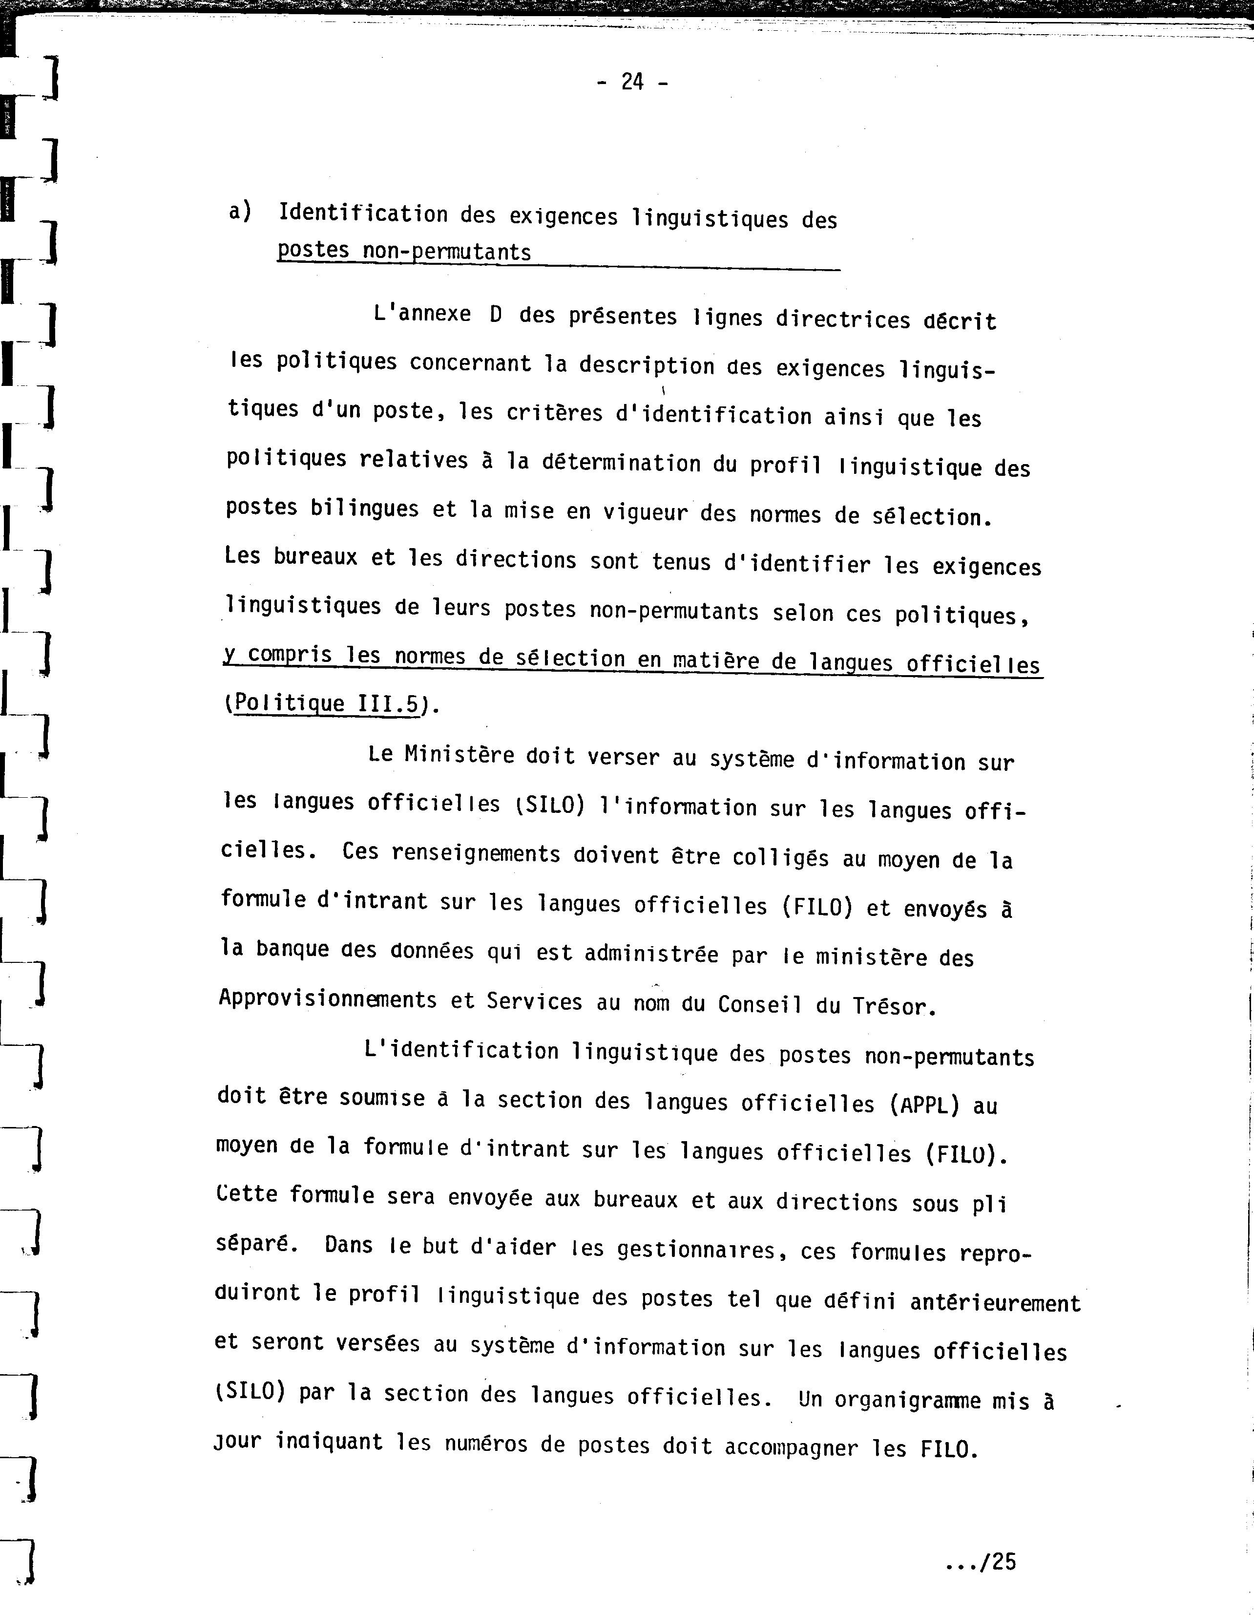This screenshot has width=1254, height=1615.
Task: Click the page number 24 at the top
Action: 632,82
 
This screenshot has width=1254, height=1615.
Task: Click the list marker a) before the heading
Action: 240,212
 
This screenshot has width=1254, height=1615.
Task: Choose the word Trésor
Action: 894,1006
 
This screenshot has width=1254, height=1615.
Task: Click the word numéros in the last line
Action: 486,1444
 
